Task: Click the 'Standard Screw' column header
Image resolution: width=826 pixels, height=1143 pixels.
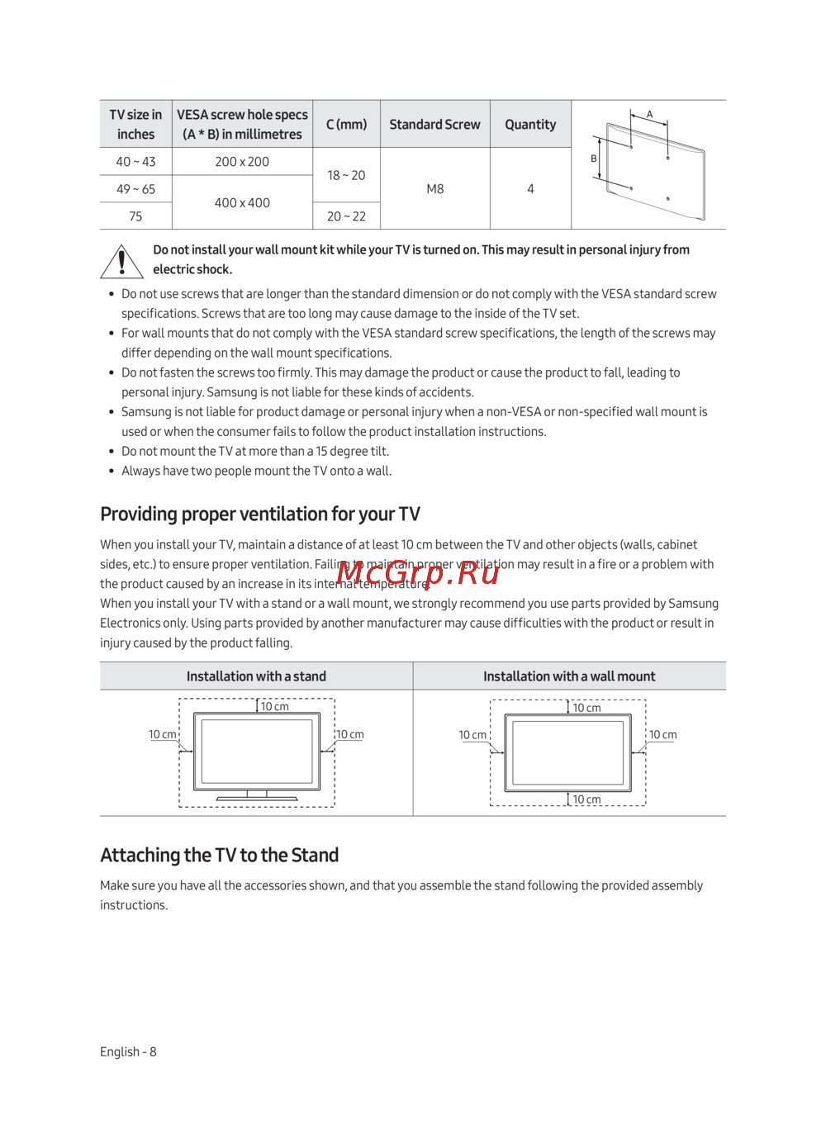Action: click(434, 125)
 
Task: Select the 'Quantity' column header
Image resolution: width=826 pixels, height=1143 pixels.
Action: click(530, 125)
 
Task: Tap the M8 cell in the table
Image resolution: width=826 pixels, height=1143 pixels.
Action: click(435, 189)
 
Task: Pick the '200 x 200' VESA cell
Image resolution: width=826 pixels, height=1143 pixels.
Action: click(242, 162)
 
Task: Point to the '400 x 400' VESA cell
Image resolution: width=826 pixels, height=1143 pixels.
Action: click(242, 203)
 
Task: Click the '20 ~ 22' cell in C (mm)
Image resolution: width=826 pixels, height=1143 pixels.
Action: click(346, 216)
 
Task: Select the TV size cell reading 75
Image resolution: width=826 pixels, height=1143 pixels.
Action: click(135, 216)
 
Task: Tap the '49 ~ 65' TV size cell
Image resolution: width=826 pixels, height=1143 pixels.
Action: click(135, 189)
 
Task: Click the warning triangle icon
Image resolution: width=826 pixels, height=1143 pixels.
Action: click(122, 262)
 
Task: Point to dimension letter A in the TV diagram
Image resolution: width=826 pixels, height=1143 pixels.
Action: click(650, 115)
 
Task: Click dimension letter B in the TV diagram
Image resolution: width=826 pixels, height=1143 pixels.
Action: click(594, 159)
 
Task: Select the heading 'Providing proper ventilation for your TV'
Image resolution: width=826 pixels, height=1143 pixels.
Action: click(260, 515)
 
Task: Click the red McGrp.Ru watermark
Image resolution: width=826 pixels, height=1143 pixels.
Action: click(418, 572)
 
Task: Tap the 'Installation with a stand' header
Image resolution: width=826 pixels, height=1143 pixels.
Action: click(256, 676)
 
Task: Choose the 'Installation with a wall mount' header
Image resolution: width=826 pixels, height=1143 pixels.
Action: click(569, 676)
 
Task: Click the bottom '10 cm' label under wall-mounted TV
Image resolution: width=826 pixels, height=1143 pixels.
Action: click(587, 799)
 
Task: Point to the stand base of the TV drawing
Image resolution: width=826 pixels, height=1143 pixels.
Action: click(257, 798)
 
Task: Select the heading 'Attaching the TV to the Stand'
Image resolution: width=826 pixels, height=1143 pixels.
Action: click(220, 856)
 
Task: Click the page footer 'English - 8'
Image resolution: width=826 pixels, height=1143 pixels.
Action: click(128, 1052)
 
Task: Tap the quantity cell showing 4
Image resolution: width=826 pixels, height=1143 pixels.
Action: click(530, 189)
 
